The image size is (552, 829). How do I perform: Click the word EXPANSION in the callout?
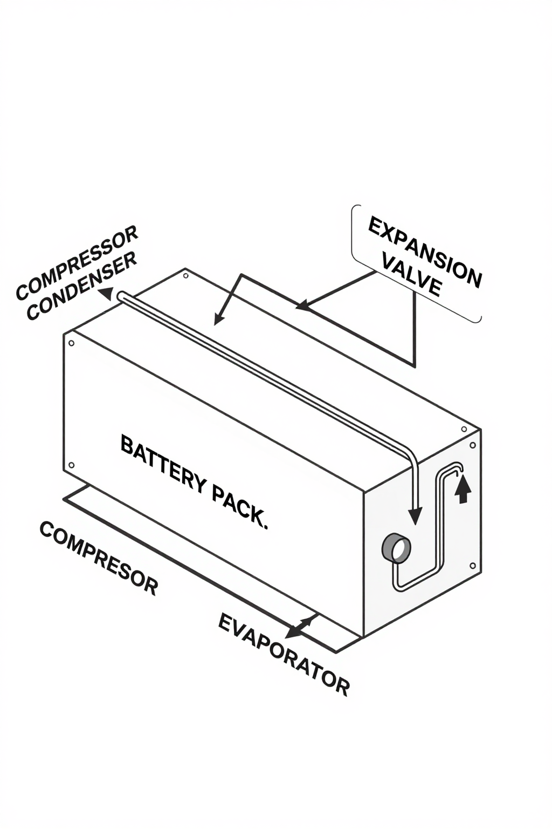point(424,252)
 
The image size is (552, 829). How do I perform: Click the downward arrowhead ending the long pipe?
point(415,516)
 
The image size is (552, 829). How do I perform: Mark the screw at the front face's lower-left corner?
point(71,465)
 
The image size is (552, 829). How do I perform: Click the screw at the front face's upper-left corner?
point(71,343)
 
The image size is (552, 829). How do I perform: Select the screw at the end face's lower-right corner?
point(473,566)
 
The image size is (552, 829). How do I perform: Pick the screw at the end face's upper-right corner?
point(473,445)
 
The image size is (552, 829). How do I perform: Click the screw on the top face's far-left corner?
point(185,276)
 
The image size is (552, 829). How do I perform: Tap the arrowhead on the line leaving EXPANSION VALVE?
point(302,306)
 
